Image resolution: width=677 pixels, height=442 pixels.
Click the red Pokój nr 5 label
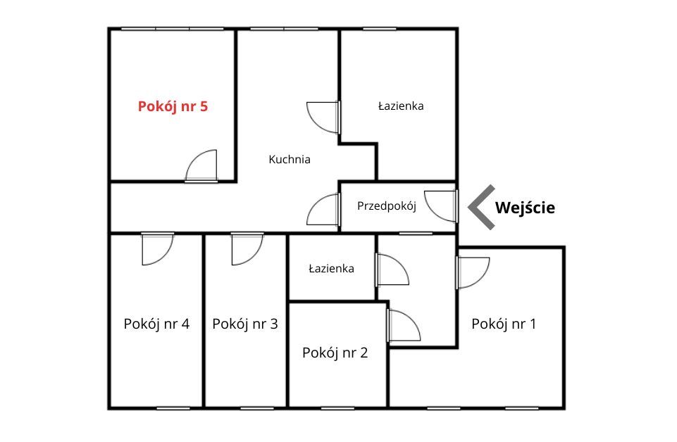[x=173, y=106]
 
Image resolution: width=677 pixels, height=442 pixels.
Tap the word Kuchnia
[x=290, y=159]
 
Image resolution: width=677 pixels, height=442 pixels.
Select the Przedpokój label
[x=387, y=206]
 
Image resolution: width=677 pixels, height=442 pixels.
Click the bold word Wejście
[x=525, y=208]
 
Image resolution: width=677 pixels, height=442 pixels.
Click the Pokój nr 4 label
[x=156, y=324]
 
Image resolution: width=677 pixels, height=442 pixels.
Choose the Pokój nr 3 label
[x=245, y=324]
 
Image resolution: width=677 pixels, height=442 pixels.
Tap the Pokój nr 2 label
[x=335, y=353]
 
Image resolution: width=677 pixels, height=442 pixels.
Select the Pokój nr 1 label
[x=504, y=324]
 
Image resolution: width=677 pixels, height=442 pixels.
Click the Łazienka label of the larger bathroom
[x=401, y=106]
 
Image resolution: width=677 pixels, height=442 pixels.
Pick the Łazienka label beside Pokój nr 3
[x=331, y=269]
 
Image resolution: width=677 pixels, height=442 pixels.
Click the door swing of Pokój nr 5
[x=201, y=166]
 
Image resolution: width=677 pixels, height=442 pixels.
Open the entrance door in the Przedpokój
[x=441, y=206]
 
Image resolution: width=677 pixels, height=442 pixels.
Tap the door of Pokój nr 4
[x=158, y=249]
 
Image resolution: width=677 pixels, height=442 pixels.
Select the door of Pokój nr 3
[x=247, y=249]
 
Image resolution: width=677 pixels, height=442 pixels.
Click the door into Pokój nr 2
[x=404, y=326]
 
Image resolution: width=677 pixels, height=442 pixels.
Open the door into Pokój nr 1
[x=473, y=272]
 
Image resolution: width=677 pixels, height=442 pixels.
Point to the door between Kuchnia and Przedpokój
[x=323, y=209]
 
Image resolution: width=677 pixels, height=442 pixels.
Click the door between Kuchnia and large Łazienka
[x=323, y=118]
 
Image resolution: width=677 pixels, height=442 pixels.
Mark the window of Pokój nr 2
[x=337, y=408]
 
